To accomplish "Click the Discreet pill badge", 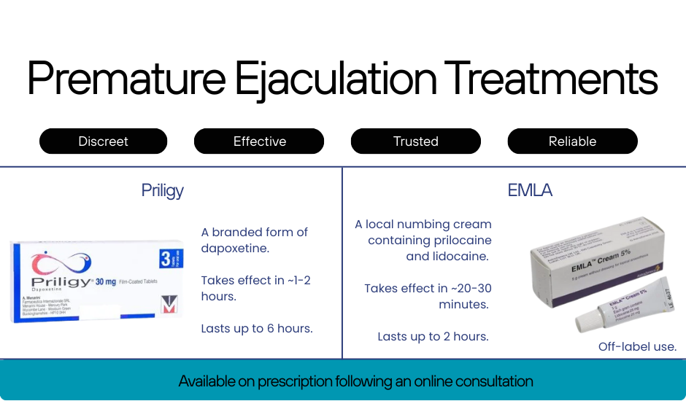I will coord(103,141).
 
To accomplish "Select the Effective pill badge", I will coord(259,141).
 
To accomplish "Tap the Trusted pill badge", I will coord(416,141).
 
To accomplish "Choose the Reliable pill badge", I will coord(572,141).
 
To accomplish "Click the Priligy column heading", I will coord(162,191).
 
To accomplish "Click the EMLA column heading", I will coord(530,191).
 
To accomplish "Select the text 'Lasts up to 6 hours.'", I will coord(257,329).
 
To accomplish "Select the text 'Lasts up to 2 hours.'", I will coord(433,337).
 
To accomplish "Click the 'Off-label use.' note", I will coord(637,347).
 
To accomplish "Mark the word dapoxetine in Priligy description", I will coord(235,249).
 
